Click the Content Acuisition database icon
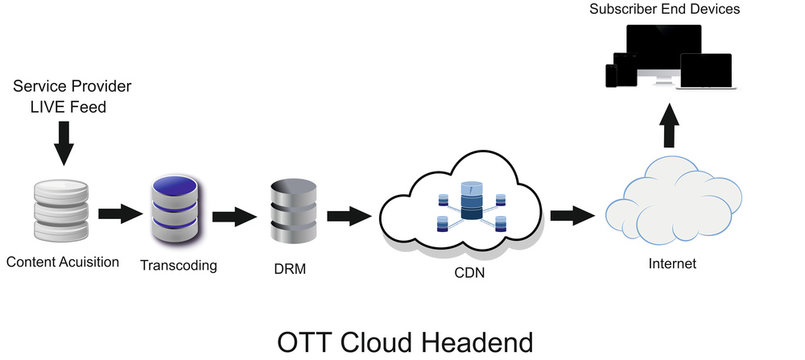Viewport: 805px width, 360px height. point(62,212)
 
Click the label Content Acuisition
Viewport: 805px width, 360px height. point(62,263)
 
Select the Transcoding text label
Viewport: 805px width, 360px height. point(179,266)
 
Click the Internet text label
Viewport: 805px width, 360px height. point(672,265)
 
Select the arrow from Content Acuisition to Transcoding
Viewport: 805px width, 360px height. point(120,213)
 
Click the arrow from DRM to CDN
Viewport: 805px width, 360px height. point(348,214)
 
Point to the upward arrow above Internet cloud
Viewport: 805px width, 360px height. point(671,125)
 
